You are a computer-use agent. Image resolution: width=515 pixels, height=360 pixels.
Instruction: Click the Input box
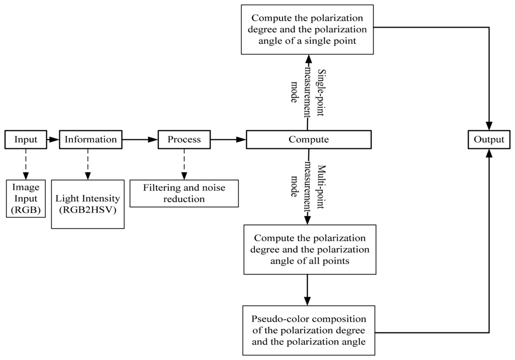26,140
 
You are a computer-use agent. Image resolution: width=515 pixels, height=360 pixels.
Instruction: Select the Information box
91,140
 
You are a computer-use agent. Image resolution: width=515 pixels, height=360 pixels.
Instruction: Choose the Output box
488,140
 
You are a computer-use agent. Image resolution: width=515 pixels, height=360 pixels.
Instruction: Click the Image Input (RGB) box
26,199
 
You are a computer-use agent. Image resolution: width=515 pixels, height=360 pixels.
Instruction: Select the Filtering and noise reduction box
184,194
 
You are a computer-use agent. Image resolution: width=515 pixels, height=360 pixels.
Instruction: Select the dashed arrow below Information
88,164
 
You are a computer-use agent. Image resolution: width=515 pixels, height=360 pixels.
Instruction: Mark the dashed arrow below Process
184,164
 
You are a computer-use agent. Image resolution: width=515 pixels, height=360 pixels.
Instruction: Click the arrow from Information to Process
140,140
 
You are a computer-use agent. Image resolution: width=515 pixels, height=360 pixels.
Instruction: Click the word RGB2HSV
88,210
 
